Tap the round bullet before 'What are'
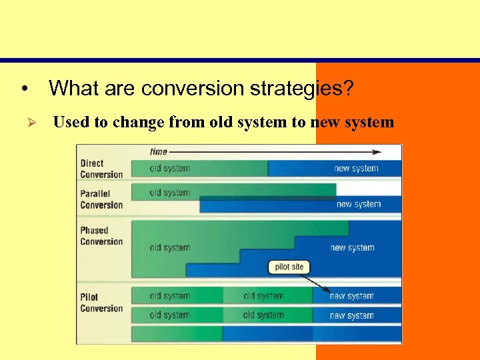[x=23, y=89]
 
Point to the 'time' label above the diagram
[x=158, y=152]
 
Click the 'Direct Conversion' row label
[x=101, y=169]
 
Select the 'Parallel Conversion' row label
[x=101, y=199]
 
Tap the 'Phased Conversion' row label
[x=101, y=236]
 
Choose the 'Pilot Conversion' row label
[x=101, y=303]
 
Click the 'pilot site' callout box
[x=289, y=267]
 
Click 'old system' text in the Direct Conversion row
[x=169, y=169]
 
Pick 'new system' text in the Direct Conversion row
[x=356, y=169]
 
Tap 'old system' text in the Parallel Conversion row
[x=169, y=193]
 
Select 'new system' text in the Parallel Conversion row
[x=359, y=204]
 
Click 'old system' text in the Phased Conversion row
[x=169, y=247]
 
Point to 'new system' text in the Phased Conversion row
[x=352, y=247]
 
